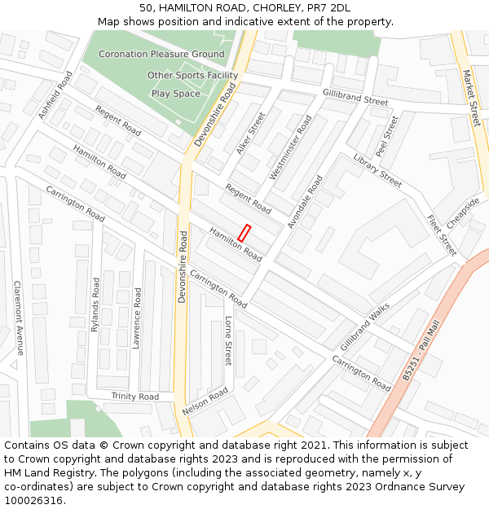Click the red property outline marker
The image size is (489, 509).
coord(244,232)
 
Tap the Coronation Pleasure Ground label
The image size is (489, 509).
coord(161,55)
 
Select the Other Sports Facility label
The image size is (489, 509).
coord(192,76)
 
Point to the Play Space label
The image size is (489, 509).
coord(175,94)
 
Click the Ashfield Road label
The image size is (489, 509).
coord(55,94)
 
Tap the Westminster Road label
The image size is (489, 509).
coord(291,147)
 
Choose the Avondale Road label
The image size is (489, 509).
coord(305,201)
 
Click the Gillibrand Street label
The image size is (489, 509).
coord(355,97)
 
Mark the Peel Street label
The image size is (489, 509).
coord(387,136)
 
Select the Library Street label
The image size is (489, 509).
coord(377,170)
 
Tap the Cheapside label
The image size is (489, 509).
coord(463,214)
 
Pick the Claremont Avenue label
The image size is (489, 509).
coord(18,318)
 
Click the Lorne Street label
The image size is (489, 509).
coord(229,340)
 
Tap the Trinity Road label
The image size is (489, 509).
coord(135,397)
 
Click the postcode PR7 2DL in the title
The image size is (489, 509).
coord(329,7)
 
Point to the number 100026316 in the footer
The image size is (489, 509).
coord(33,500)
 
